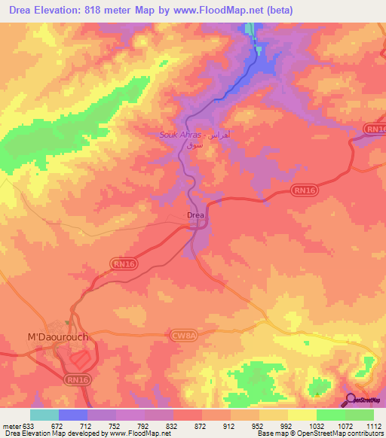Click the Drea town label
click(195, 216)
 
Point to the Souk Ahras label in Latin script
click(178, 135)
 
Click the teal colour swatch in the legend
click(44, 415)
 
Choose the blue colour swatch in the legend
click(73, 415)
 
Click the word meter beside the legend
click(13, 427)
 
